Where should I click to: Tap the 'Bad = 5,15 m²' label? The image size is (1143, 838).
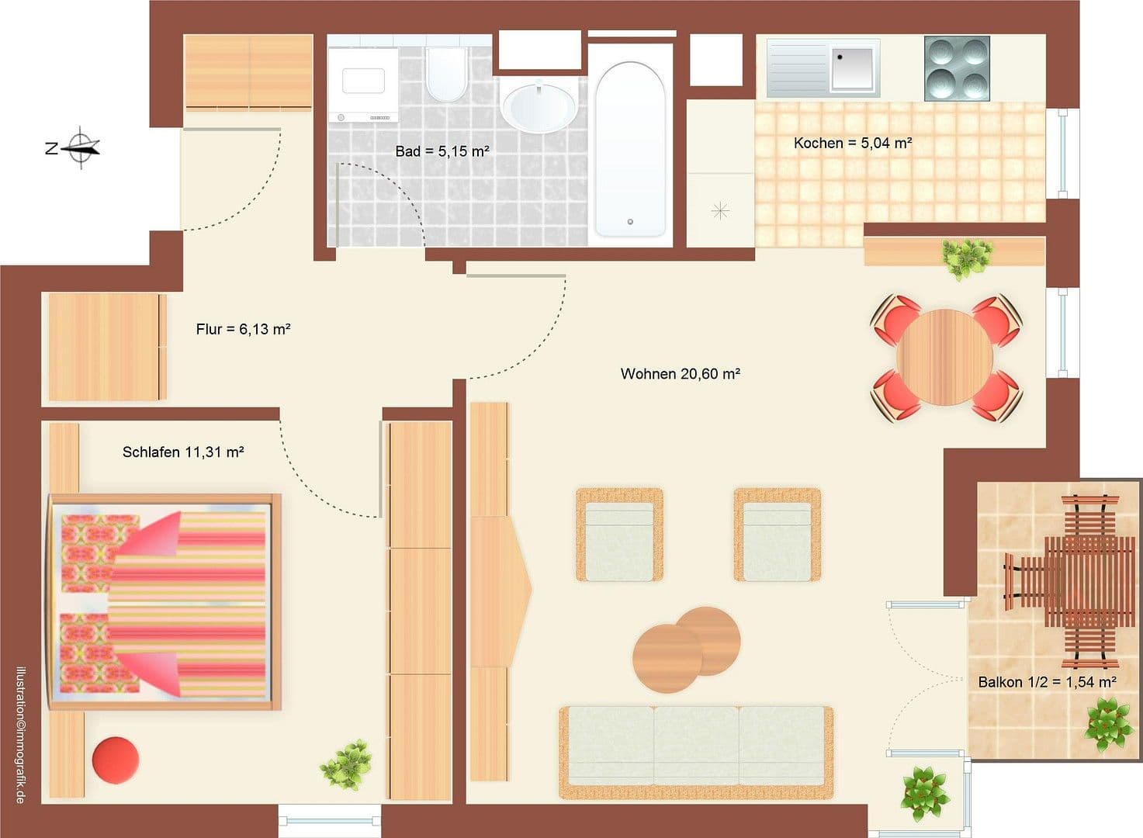(442, 151)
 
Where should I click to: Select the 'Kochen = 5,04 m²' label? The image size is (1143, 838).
(852, 143)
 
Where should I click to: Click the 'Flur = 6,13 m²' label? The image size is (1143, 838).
(243, 329)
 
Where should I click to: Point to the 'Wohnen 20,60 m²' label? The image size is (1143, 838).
(680, 374)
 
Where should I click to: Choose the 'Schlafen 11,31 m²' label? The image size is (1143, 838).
(183, 452)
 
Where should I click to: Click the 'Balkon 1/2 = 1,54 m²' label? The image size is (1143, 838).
(1047, 682)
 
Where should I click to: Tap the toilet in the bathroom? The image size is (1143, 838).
(445, 74)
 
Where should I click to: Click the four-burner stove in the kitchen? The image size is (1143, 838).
(957, 68)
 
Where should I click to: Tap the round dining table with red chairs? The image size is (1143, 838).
(944, 358)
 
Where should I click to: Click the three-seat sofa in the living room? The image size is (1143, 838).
(696, 751)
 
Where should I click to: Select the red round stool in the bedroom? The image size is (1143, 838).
(116, 757)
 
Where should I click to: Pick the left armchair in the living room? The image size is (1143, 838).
(619, 535)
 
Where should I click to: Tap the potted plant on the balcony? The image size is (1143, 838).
(1107, 723)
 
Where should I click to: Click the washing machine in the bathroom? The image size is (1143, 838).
(363, 84)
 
